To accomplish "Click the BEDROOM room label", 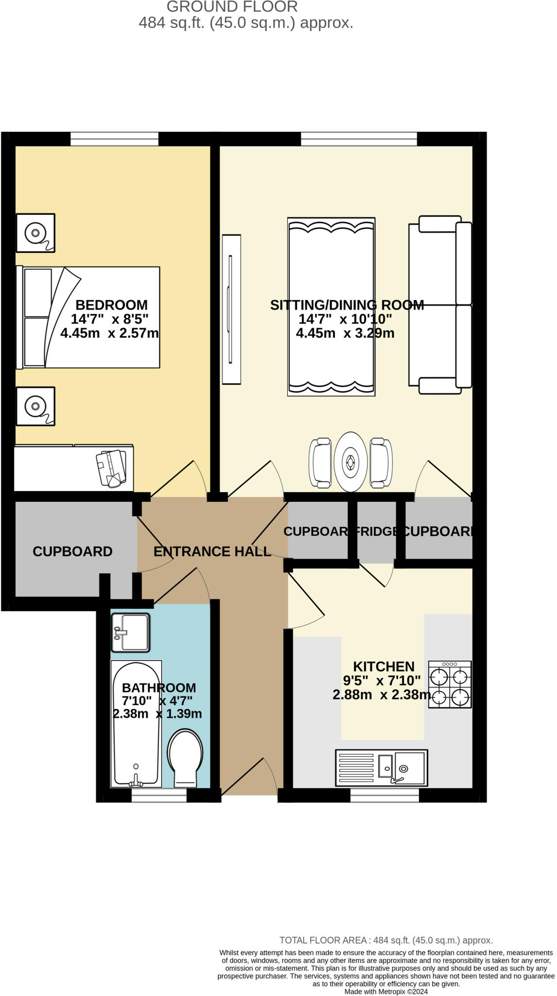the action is click(111, 305).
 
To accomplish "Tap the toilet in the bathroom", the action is click(185, 758).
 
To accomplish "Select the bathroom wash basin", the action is click(130, 632).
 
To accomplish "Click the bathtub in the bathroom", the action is click(136, 724).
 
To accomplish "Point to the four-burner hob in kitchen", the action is click(450, 684).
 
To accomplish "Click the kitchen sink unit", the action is click(382, 768).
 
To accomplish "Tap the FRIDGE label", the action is click(377, 531).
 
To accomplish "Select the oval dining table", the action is click(350, 462).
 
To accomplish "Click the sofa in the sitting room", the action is click(440, 304).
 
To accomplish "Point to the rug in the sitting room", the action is click(331, 306).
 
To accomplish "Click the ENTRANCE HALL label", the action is click(212, 551).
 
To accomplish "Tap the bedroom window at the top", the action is click(115, 139).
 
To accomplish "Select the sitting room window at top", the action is click(359, 139).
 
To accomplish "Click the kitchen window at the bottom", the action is click(384, 795).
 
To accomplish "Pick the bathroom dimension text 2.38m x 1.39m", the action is click(157, 714).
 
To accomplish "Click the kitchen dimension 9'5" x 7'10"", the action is click(382, 680).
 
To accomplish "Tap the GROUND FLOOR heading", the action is click(232, 7).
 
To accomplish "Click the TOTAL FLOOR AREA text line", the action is click(386, 941).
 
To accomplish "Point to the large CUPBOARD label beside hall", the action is click(72, 551).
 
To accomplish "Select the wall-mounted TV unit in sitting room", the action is click(231, 309).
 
